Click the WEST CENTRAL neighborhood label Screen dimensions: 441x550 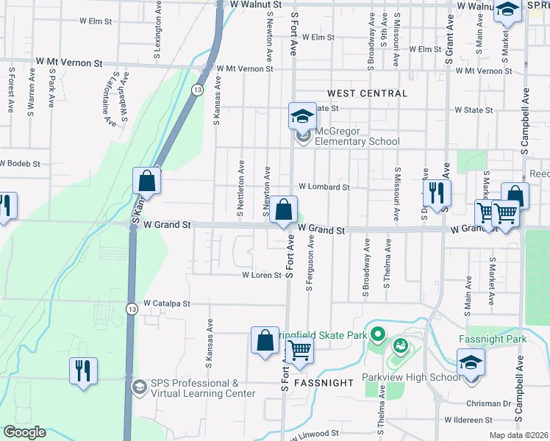[367, 93]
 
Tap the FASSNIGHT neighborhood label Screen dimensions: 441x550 [325, 384]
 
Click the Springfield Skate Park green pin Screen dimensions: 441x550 [378, 335]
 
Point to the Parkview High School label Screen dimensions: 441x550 [411, 378]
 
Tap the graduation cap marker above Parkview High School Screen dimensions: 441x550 [471, 362]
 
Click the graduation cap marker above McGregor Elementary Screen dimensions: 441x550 [301, 115]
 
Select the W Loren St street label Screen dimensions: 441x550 [262, 276]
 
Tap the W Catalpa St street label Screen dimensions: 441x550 [167, 303]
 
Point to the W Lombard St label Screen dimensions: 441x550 [323, 187]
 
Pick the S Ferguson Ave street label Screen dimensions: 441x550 [310, 263]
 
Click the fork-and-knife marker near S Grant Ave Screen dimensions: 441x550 [438, 193]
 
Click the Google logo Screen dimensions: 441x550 [24, 433]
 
